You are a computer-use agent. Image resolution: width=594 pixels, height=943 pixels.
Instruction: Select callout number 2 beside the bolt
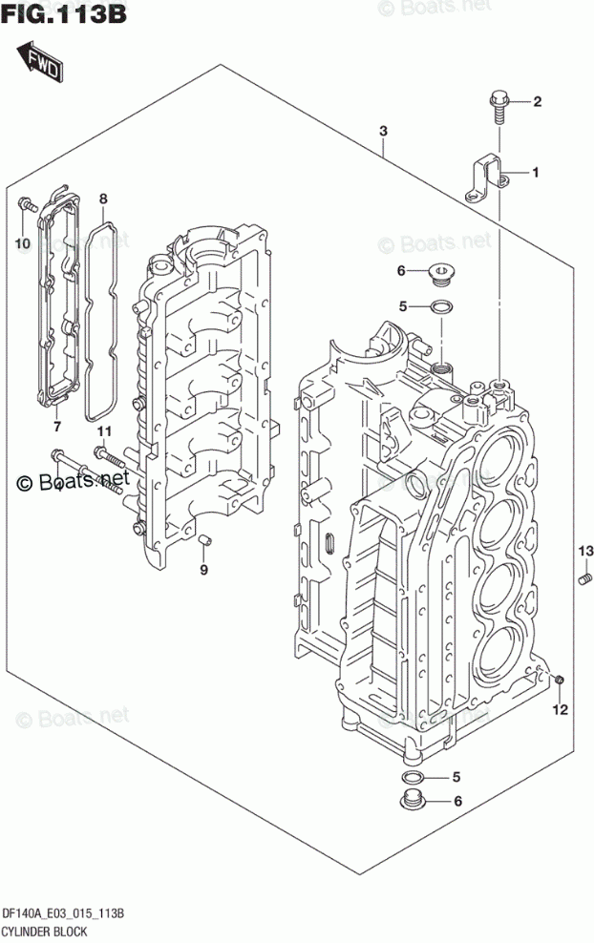click(537, 102)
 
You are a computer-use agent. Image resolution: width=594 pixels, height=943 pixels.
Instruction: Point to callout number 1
click(537, 173)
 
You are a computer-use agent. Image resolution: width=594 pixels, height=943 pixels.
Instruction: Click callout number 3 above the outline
click(382, 131)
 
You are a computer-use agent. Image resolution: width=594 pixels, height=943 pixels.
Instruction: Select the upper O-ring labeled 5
click(441, 306)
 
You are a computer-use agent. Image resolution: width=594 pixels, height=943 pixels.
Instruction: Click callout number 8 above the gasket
click(103, 199)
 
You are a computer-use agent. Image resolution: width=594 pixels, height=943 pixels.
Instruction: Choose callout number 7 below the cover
click(57, 426)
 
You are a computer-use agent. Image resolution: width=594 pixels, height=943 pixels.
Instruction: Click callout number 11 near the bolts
click(103, 431)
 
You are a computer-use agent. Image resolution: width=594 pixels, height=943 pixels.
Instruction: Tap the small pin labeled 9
click(203, 544)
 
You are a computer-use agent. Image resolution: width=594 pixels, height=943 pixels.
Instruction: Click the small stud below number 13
click(586, 576)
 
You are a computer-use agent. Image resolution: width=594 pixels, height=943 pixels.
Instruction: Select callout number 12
click(561, 709)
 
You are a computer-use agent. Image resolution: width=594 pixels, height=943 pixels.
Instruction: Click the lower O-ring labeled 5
click(414, 775)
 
